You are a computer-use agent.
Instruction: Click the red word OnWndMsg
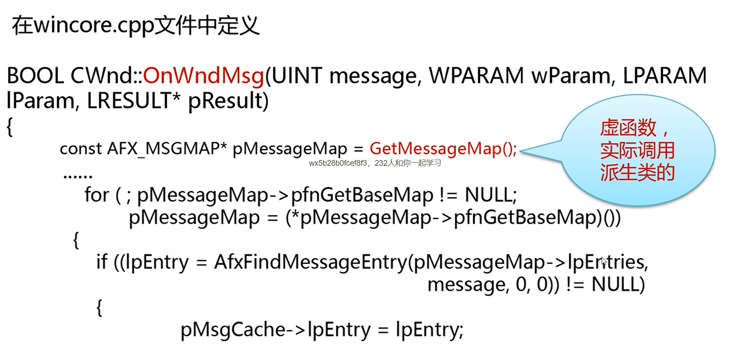coord(203,76)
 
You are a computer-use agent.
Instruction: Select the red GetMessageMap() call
coord(443,149)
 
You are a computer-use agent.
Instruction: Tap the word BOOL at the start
coord(35,76)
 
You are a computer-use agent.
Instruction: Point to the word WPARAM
coord(476,76)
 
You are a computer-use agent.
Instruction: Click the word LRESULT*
coord(133,101)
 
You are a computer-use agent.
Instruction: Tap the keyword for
coord(96,195)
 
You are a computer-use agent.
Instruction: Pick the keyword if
coord(102,262)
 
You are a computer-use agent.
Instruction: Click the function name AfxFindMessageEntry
coord(311,262)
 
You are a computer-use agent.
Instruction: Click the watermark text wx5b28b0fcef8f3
coord(337,164)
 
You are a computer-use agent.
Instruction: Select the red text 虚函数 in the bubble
coord(628,128)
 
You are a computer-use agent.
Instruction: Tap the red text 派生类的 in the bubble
coord(637,172)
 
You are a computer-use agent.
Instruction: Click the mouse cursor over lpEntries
coord(604,261)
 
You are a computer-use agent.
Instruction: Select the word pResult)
coord(228,101)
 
